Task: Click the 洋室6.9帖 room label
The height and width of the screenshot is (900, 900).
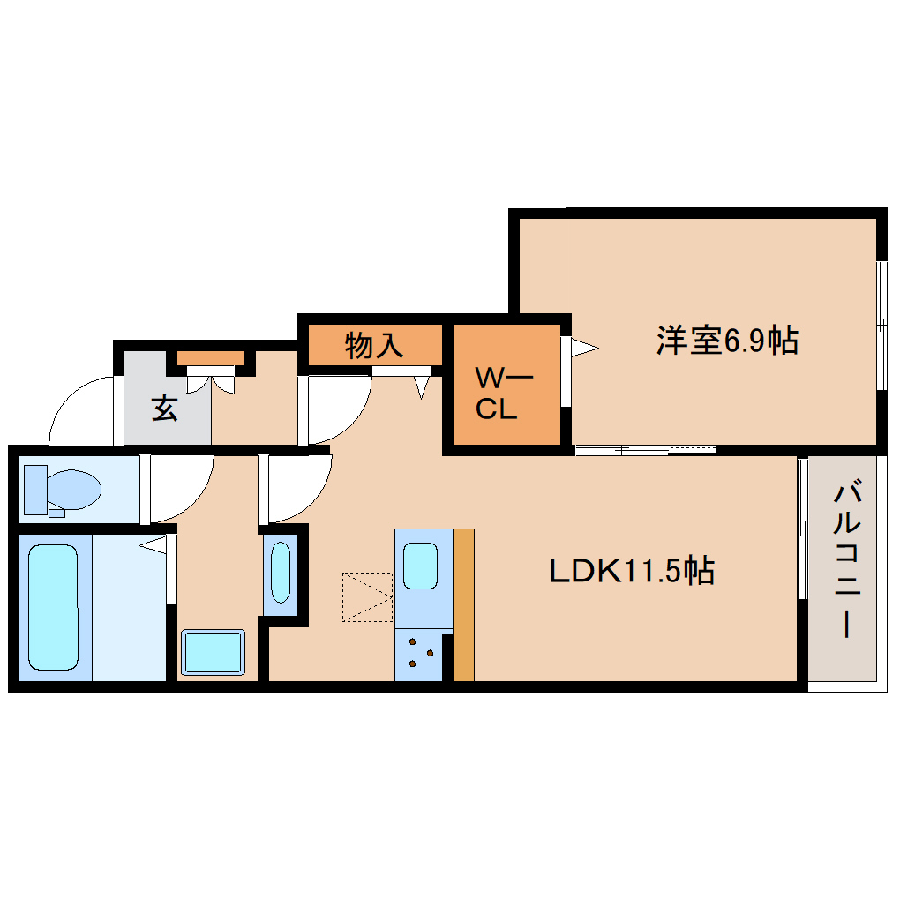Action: point(726,341)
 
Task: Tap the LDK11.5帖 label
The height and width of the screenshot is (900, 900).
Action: point(632,572)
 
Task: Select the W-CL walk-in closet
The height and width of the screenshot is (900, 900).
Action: point(504,394)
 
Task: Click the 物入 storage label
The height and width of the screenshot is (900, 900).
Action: point(374,345)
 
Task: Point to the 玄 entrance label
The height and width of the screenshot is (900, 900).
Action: point(164,409)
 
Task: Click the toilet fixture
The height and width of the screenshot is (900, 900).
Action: point(61,490)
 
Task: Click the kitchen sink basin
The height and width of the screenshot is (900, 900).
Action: point(420,566)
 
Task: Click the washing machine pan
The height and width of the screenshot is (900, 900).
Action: point(213,653)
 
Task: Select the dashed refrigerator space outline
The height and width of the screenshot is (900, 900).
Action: point(367,597)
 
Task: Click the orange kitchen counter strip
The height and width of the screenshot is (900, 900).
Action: point(463,604)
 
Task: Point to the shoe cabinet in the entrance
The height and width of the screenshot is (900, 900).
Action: point(210,358)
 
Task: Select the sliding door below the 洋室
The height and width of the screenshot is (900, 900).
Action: point(644,450)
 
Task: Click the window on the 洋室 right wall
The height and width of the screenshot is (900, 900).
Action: point(881,326)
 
